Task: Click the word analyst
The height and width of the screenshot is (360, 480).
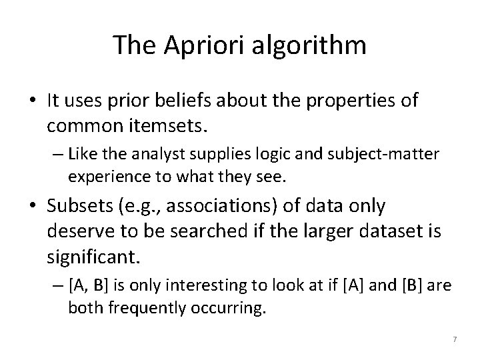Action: (166, 155)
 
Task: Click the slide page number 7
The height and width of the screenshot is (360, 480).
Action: (453, 340)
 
